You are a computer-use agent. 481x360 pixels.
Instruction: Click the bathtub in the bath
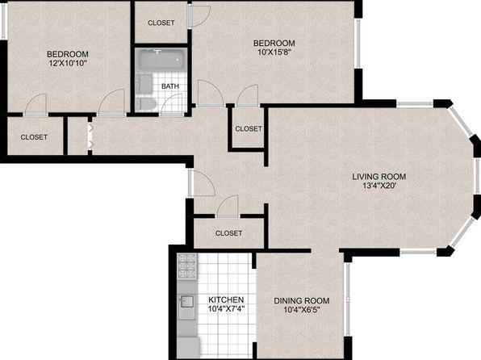(x=161, y=59)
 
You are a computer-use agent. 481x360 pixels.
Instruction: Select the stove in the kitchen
(x=187, y=266)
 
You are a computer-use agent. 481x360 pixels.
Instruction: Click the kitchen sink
(x=186, y=301)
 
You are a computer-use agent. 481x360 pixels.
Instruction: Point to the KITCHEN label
(x=226, y=299)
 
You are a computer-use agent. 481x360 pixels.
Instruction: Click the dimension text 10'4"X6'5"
(x=302, y=310)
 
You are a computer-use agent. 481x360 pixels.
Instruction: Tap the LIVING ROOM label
(x=379, y=177)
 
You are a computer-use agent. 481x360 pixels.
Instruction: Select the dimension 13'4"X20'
(x=380, y=186)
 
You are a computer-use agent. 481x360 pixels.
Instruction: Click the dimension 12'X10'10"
(x=68, y=64)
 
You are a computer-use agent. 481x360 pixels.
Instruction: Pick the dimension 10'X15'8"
(x=274, y=52)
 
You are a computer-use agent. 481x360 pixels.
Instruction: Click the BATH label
(x=170, y=86)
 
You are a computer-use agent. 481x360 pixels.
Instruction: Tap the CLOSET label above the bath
(x=161, y=23)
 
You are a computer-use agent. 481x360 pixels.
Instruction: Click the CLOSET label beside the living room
(x=249, y=128)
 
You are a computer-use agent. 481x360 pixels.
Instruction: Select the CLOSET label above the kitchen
(x=229, y=233)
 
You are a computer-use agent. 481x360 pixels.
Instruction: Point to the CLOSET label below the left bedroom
(x=34, y=137)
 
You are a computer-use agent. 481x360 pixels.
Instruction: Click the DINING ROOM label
(x=302, y=301)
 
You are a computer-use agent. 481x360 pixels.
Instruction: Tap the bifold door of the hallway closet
(x=90, y=136)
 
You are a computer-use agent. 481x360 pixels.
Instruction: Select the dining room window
(x=348, y=299)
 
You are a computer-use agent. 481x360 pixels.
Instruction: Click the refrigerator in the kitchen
(x=188, y=348)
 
